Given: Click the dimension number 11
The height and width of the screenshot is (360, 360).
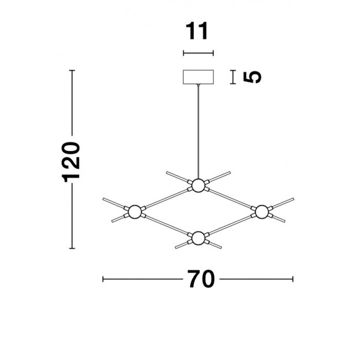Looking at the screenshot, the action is pyautogui.click(x=197, y=31).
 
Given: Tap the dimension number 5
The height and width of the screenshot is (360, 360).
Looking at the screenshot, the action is pyautogui.click(x=252, y=77).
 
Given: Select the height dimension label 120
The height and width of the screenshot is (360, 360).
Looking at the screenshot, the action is pyautogui.click(x=71, y=162).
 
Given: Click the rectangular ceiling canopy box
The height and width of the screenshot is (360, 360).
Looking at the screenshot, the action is pyautogui.click(x=199, y=77).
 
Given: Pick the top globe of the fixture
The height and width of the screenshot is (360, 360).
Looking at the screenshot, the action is pyautogui.click(x=199, y=186).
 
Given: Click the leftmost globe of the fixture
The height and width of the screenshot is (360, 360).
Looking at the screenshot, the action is pyautogui.click(x=135, y=212).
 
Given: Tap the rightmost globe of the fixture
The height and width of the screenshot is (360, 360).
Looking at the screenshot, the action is pyautogui.click(x=262, y=212).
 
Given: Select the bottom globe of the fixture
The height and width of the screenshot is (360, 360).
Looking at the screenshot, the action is pyautogui.click(x=199, y=238).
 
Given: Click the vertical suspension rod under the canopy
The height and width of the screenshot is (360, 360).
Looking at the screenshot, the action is pyautogui.click(x=199, y=131).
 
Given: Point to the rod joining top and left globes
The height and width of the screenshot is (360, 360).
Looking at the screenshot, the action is pyautogui.click(x=167, y=199).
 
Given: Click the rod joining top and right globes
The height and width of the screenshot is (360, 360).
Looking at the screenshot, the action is pyautogui.click(x=230, y=199).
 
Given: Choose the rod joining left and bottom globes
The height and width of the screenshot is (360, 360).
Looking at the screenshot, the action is pyautogui.click(x=167, y=225).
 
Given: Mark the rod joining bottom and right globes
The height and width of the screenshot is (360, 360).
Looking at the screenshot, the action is pyautogui.click(x=230, y=225).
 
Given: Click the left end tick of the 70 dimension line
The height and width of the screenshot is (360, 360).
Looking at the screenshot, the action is pyautogui.click(x=103, y=279).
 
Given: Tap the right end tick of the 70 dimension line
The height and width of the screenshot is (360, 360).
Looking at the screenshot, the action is pyautogui.click(x=293, y=279).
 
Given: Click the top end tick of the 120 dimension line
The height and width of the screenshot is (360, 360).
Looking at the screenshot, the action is pyautogui.click(x=72, y=70).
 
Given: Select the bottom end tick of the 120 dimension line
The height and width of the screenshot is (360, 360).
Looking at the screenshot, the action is pyautogui.click(x=72, y=248).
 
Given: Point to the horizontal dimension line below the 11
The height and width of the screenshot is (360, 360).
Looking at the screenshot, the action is pyautogui.click(x=199, y=53).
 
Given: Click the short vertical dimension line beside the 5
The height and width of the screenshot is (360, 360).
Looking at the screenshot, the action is pyautogui.click(x=233, y=77).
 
